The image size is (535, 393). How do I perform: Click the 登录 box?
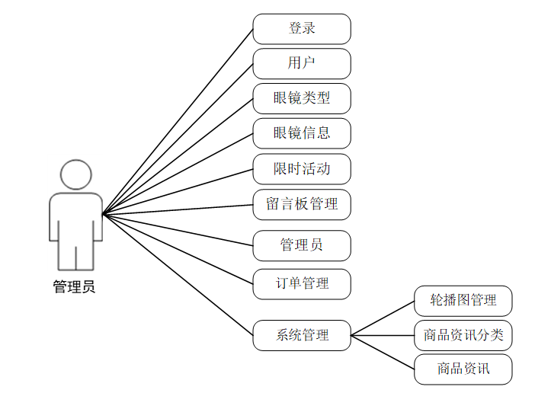pos(302,29)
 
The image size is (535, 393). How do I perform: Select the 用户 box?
pos(302,64)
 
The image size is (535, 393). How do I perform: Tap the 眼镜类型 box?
pos(302,99)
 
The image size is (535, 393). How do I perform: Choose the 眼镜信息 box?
pos(302,133)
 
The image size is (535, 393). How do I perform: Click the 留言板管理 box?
pos(302,204)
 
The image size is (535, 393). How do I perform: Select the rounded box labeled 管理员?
pos(302,245)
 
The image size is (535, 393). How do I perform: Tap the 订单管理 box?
pos(302,284)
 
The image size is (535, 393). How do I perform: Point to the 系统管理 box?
pos(302,335)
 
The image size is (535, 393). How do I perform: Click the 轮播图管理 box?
pos(463,301)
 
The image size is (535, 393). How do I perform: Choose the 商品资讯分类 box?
pos(463,335)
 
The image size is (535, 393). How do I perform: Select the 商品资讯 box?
pos(463,369)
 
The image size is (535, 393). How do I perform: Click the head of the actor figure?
pos(76,174)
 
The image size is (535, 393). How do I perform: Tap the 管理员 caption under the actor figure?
pos(74,287)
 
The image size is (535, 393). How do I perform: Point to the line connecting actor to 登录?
pos(178,122)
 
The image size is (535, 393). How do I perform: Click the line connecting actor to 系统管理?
pos(178,274)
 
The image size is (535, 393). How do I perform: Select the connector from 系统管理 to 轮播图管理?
pos(383,318)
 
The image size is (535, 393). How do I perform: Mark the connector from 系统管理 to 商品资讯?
pos(383,352)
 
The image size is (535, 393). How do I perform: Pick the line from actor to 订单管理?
pos(178,249)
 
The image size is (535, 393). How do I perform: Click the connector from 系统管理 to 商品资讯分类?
pos(383,335)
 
